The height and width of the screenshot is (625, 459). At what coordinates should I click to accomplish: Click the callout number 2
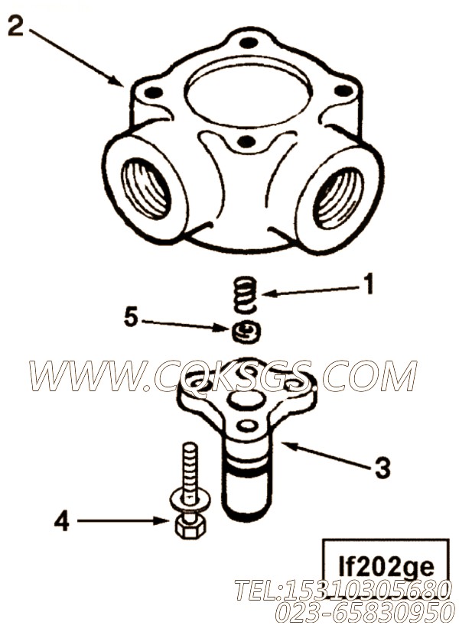[x=15, y=26]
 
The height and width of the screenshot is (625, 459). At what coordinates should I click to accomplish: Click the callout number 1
[x=369, y=283]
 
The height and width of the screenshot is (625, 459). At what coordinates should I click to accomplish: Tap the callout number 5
[x=131, y=318]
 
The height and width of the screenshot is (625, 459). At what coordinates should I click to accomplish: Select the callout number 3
[x=382, y=468]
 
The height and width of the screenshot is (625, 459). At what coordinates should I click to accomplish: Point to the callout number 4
[x=61, y=522]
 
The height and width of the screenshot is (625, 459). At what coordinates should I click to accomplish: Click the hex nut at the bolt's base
[x=190, y=527]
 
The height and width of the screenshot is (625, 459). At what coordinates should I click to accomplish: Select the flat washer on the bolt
[x=190, y=501]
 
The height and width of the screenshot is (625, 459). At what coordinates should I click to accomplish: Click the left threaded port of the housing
[x=145, y=188]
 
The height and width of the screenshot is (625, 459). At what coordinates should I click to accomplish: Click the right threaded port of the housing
[x=338, y=197]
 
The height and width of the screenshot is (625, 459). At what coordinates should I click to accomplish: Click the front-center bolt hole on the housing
[x=246, y=141]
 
